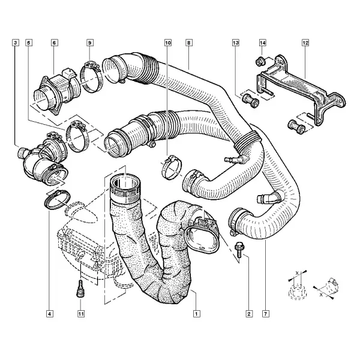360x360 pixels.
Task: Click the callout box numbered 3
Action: coord(16,43)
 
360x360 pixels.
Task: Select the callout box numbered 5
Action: coord(29,43)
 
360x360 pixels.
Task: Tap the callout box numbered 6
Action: coord(54,43)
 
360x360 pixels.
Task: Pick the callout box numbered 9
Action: coord(90,43)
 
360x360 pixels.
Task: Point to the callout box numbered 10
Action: coord(168,43)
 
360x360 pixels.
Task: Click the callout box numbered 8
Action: coord(189,43)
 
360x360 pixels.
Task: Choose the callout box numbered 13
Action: coord(236,43)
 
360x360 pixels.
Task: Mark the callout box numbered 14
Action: coord(263,43)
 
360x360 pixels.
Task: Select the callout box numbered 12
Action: coord(305,43)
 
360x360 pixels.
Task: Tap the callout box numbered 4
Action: coord(50,314)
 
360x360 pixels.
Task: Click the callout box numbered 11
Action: coord(81,314)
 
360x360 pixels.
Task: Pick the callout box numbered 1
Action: coord(197,314)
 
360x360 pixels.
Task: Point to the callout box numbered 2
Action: coord(249,314)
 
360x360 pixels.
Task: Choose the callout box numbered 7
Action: coord(266,314)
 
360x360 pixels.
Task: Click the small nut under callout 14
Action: coord(260,61)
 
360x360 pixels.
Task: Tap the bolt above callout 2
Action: coord(239,251)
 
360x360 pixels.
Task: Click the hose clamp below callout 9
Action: coord(91,76)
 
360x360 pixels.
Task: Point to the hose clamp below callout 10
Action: coord(171,167)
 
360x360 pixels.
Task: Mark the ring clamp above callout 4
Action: coord(57,200)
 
